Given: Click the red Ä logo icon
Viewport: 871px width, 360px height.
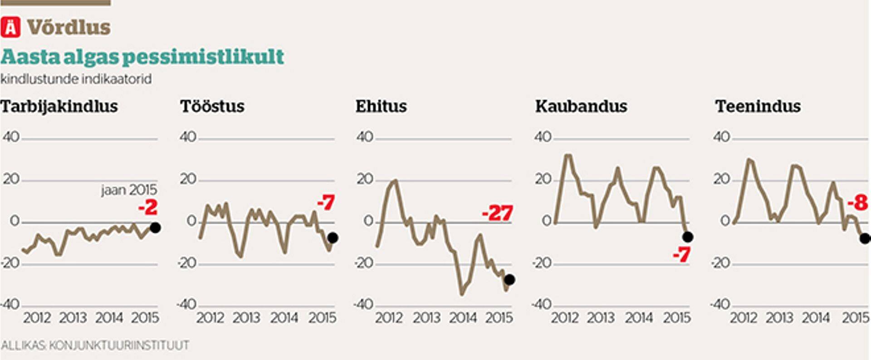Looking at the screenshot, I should click(10, 27).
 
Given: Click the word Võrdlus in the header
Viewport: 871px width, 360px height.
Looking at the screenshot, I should click(69, 28).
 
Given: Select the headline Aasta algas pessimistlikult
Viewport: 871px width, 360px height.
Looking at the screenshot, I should click(142, 57).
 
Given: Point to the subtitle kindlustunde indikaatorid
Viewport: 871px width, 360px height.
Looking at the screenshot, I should click(76, 79).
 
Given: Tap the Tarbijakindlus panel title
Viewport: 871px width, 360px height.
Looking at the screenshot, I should click(59, 107).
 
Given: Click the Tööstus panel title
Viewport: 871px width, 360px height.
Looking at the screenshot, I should click(212, 107).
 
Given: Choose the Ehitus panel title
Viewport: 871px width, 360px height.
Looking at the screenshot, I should click(381, 107).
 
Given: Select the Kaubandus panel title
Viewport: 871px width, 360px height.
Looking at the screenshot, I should click(581, 107).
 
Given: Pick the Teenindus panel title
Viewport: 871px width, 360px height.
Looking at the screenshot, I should click(758, 107).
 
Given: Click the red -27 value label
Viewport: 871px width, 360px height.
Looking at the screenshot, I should click(497, 213).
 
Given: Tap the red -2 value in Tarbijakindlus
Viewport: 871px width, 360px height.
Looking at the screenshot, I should click(148, 208).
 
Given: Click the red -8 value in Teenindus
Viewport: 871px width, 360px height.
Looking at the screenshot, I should click(857, 203).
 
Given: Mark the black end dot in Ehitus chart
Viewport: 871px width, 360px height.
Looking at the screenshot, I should click(509, 280).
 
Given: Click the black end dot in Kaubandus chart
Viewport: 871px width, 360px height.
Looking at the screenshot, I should click(688, 237).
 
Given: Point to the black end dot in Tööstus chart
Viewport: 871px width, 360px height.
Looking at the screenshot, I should click(333, 238).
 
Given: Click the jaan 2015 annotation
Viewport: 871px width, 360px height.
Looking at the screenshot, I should click(129, 190).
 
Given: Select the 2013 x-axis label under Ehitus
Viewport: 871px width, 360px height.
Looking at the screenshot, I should click(426, 317).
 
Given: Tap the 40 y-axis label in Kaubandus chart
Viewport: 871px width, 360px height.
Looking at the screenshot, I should click(543, 136).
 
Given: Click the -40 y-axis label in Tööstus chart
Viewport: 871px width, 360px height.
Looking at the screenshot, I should click(186, 304).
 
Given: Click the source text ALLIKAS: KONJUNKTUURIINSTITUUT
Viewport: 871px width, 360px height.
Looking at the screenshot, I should click(95, 345).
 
